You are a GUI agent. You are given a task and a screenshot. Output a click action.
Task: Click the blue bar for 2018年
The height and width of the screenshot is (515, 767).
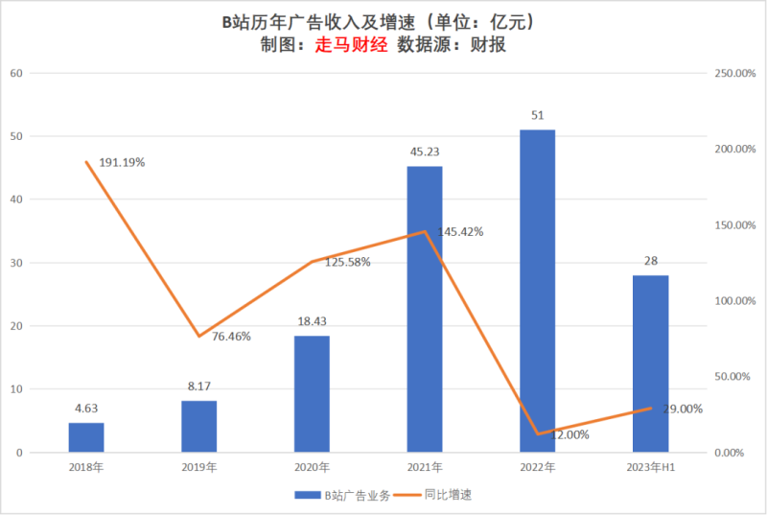pos(86,437)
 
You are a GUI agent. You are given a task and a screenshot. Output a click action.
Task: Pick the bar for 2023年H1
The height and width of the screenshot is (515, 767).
pos(650,363)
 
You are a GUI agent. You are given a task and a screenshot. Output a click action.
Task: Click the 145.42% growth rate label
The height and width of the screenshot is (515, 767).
pos(460,231)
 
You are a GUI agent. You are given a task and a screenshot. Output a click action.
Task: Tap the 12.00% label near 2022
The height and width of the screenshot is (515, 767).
pos(570,434)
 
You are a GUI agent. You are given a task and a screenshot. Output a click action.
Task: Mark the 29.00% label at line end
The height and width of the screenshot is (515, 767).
pos(681,409)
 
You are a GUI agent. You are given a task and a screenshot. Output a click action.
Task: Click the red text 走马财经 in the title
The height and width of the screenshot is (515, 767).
pos(352,45)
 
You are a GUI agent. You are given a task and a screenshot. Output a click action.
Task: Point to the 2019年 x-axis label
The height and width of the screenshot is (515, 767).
pos(198,467)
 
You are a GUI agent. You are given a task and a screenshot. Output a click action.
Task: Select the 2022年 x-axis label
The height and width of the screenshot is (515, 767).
pos(537,467)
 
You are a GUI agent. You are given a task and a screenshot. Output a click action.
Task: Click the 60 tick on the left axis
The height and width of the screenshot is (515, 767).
pos(16,73)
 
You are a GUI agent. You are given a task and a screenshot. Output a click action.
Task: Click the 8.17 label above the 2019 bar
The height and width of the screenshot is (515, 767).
pos(198,387)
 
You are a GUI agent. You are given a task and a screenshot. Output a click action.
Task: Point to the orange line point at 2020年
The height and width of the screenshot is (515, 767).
pos(312,261)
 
